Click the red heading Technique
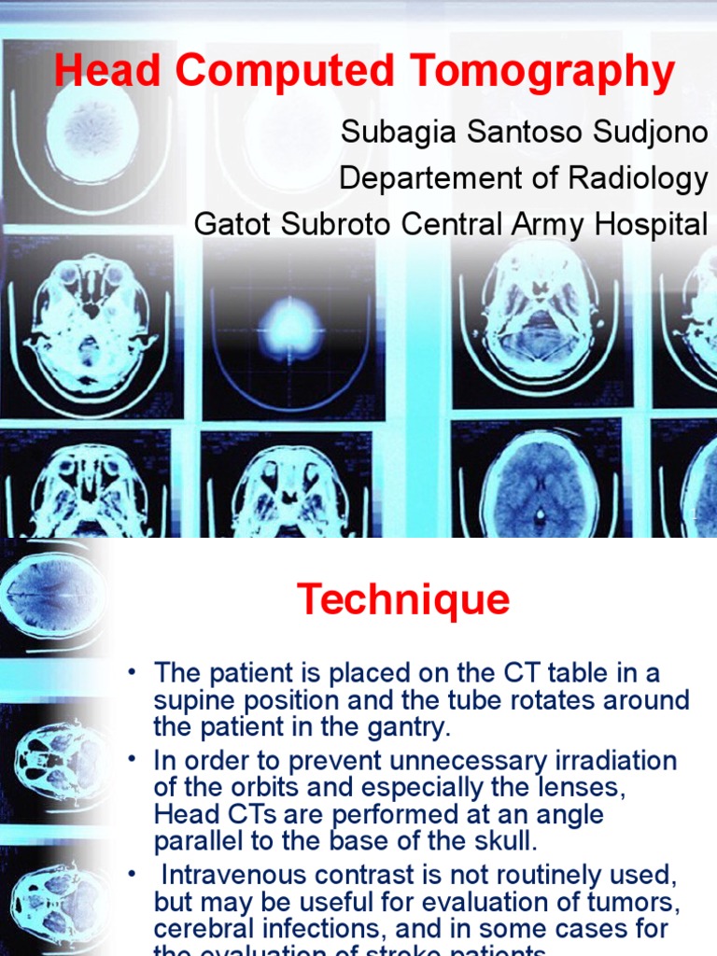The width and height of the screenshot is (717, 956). point(403,599)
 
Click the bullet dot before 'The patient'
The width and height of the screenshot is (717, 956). point(134,672)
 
